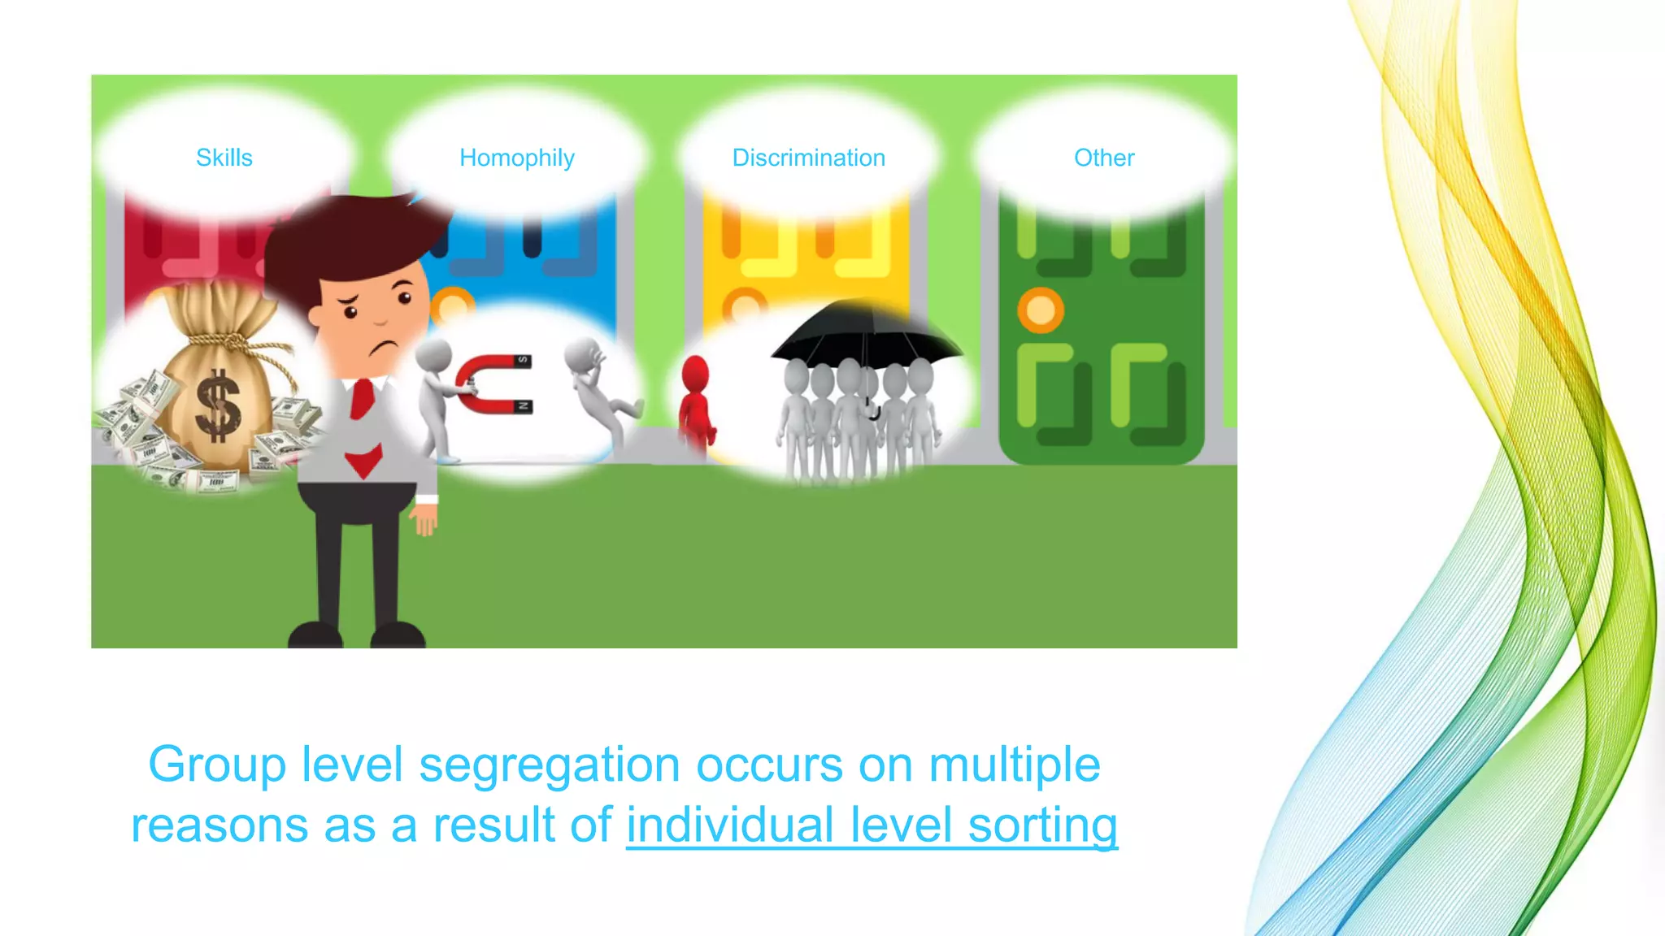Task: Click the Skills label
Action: [x=224, y=158]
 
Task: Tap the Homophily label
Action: [x=517, y=158]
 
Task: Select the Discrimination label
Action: [x=809, y=158]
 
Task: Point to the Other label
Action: [x=1104, y=158]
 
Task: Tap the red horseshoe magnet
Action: [x=492, y=383]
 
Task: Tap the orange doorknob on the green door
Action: [x=1041, y=310]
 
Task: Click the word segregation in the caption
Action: [x=550, y=765]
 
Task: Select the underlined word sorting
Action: [x=1043, y=825]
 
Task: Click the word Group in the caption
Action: [x=217, y=765]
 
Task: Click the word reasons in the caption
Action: [x=220, y=825]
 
